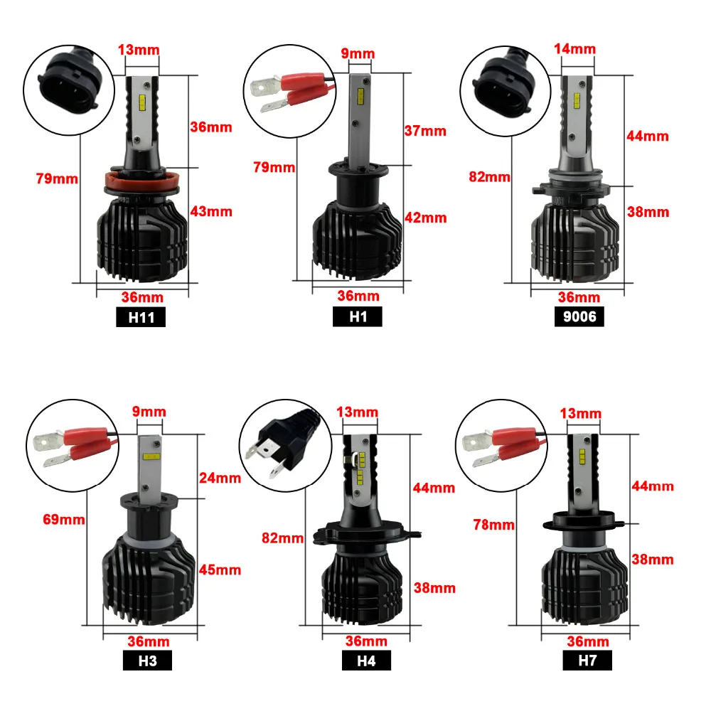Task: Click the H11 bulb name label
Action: [x=141, y=317]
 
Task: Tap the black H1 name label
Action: [x=358, y=316]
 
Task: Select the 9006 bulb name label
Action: [x=579, y=316]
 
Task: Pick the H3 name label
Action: [x=147, y=661]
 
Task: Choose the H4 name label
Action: [x=366, y=661]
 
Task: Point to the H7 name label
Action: [x=587, y=661]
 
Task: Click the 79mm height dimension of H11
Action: [x=57, y=178]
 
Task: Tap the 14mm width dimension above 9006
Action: [x=575, y=49]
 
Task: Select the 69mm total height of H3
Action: [x=64, y=519]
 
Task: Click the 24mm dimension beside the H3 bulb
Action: [x=220, y=478]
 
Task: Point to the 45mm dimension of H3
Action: [x=220, y=570]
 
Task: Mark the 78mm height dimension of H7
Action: [x=494, y=525]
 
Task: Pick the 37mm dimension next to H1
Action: [x=425, y=131]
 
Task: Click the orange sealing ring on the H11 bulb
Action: [x=142, y=180]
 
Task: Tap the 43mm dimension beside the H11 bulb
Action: [x=211, y=212]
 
